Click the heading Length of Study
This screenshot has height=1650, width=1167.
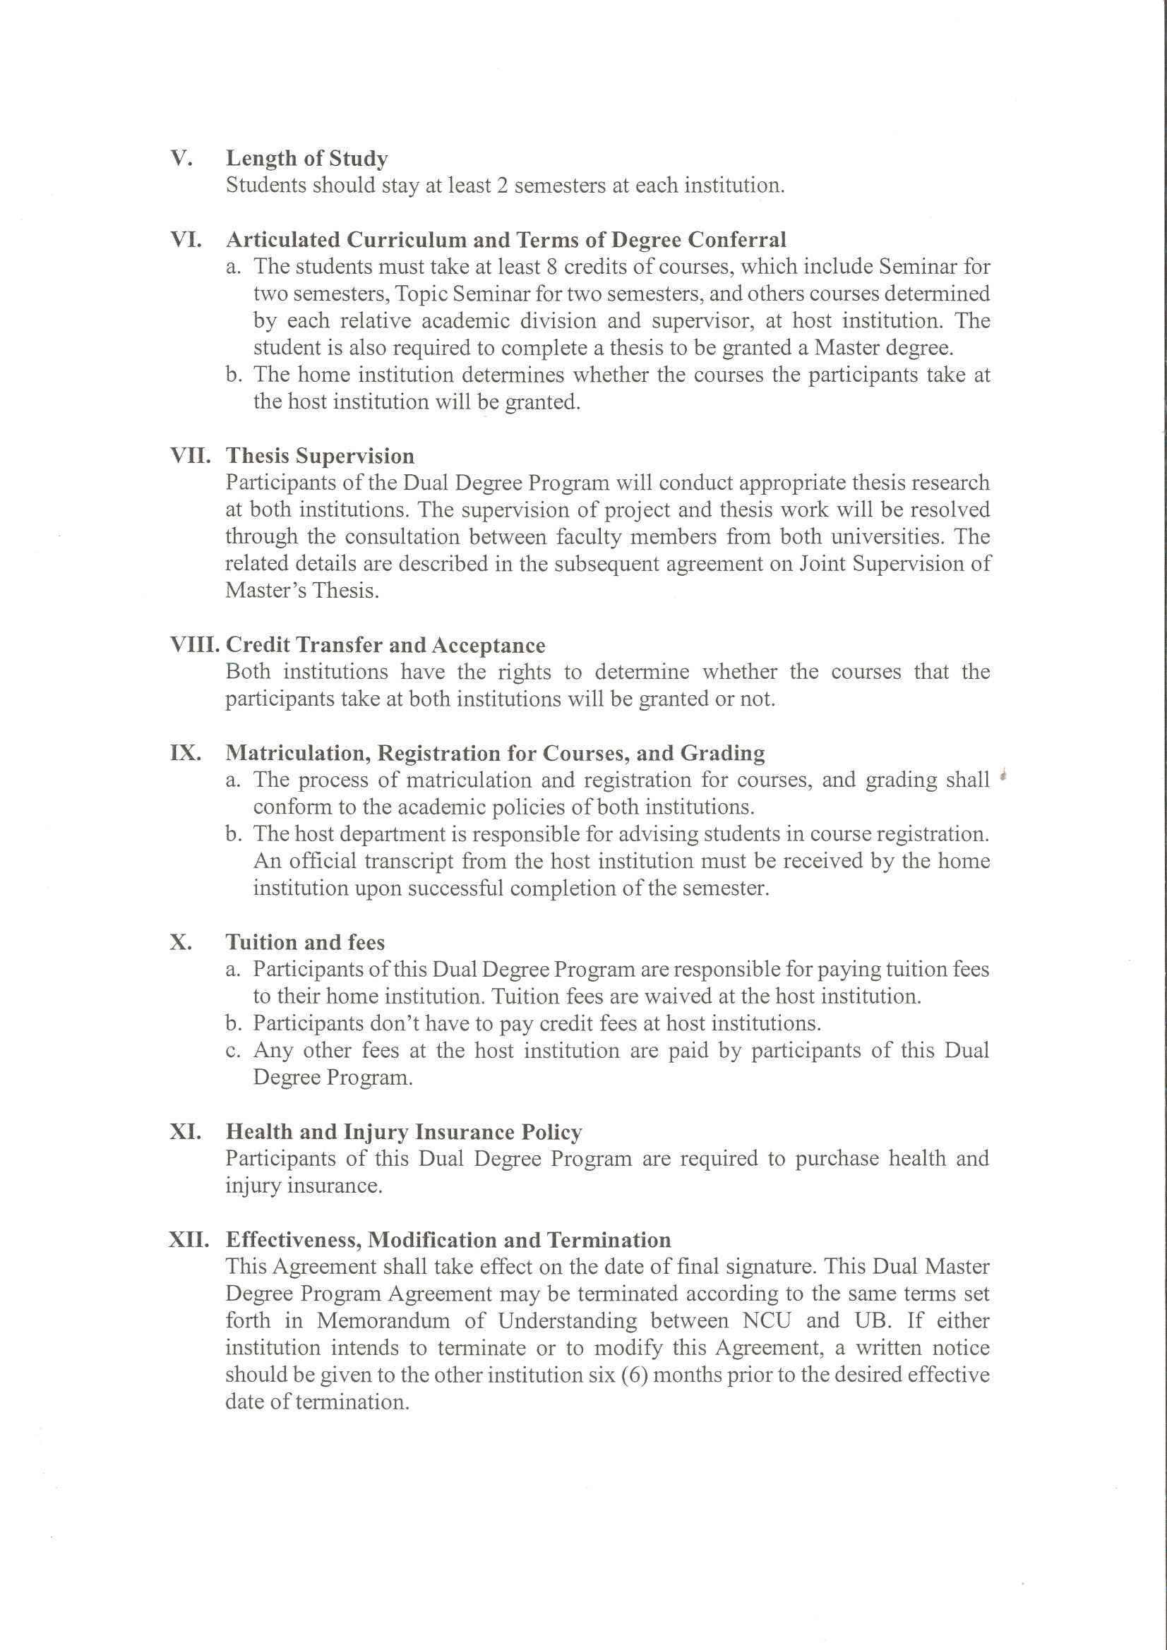tap(306, 158)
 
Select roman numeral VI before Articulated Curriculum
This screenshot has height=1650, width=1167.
tap(186, 239)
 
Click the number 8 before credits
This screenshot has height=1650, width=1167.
tap(552, 267)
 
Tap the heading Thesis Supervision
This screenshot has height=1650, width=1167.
tap(320, 456)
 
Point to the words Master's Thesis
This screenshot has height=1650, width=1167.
tap(302, 591)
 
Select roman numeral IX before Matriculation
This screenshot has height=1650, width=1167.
tap(186, 752)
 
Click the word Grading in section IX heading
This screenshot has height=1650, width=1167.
tap(722, 752)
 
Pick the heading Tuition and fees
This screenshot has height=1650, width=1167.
tap(305, 942)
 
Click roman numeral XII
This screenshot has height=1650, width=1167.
tap(189, 1240)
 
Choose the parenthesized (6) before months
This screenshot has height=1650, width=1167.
tap(634, 1375)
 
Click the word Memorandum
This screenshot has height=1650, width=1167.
tap(383, 1321)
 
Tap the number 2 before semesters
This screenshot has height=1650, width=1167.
tap(503, 186)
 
